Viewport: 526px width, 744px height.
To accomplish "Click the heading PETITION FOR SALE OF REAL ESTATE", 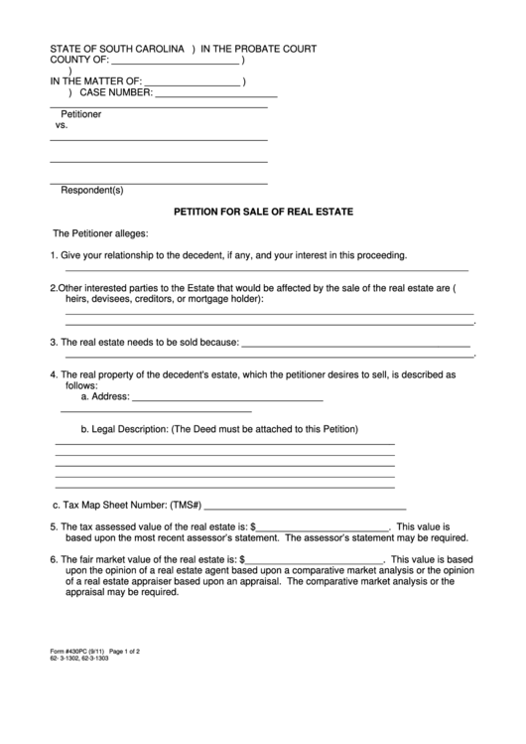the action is [x=263, y=212].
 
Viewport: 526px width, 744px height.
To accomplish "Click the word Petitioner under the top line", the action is [x=81, y=114].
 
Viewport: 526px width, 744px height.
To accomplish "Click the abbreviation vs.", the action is [x=62, y=126].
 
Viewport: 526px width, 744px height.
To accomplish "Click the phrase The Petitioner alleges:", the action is [x=99, y=234].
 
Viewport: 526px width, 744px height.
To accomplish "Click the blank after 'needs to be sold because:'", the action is [x=355, y=343].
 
